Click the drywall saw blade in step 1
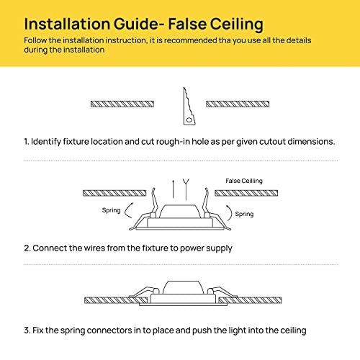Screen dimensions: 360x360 [189, 106]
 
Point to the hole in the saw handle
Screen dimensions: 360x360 [189, 120]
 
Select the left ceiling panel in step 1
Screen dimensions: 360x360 [122, 104]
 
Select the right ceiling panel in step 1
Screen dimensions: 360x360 [238, 104]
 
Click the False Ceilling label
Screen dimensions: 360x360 [244, 181]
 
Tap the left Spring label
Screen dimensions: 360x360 [112, 210]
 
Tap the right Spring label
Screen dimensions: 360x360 [244, 214]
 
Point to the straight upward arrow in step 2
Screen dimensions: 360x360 [173, 189]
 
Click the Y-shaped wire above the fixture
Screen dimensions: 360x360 [186, 189]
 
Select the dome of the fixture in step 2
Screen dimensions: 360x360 [180, 212]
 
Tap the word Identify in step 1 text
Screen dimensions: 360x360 [46, 142]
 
